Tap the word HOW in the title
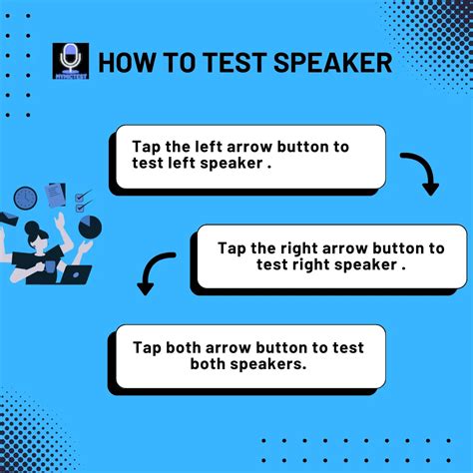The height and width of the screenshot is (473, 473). pyautogui.click(x=131, y=63)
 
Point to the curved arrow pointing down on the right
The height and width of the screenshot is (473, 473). pyautogui.click(x=421, y=173)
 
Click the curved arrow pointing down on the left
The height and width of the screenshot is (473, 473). pyautogui.click(x=152, y=272)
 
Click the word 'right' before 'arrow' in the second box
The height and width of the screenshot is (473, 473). pyautogui.click(x=298, y=248)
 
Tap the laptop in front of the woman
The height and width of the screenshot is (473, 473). pyautogui.click(x=77, y=271)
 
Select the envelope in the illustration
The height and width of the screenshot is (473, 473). pyautogui.click(x=9, y=218)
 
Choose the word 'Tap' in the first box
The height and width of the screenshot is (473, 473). pyautogui.click(x=145, y=147)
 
